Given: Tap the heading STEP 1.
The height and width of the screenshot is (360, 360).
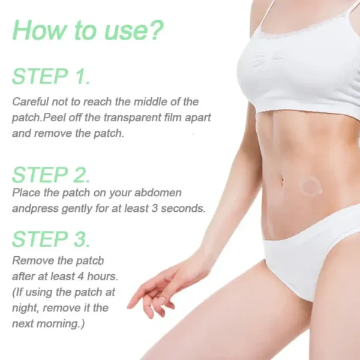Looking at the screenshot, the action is pos(51,76).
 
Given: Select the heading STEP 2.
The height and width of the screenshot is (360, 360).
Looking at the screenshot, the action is pos(51,175).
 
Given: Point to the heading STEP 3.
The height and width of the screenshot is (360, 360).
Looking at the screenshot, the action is pos(51,239).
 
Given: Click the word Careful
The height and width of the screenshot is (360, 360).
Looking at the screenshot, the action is pos(31,102).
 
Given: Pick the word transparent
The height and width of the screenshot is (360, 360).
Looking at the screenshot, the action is pos(133,118).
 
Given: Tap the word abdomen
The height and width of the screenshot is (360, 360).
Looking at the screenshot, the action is pos(158,193).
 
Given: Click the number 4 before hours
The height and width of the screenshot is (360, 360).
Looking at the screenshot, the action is pos(80,276).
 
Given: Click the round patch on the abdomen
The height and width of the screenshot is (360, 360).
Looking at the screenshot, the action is pos(310,187).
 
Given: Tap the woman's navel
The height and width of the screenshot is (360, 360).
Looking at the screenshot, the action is pos(282,181).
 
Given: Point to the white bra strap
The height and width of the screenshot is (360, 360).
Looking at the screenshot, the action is pos(269,14).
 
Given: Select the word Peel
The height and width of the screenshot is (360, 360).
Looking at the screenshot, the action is pos(54,118).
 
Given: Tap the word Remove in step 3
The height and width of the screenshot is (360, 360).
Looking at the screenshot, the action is pos(33,261).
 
